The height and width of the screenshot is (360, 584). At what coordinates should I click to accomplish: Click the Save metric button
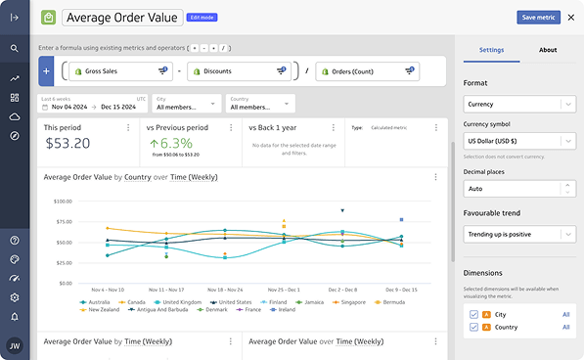pos(538,17)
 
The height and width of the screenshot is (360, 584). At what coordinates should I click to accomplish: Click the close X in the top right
pos(570,17)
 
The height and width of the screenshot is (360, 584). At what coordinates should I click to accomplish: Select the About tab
pos(548,50)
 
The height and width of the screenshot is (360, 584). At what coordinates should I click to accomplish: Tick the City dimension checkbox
pos(474,314)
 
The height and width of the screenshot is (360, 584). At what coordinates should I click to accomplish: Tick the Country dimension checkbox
pos(474,328)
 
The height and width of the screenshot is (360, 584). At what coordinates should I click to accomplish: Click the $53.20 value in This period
pos(68,144)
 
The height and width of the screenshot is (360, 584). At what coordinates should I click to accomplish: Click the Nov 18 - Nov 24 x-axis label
pos(225,290)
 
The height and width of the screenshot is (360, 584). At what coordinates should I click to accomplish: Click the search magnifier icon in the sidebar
pos(15,48)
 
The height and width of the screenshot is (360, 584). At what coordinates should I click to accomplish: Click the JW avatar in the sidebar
pos(15,344)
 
